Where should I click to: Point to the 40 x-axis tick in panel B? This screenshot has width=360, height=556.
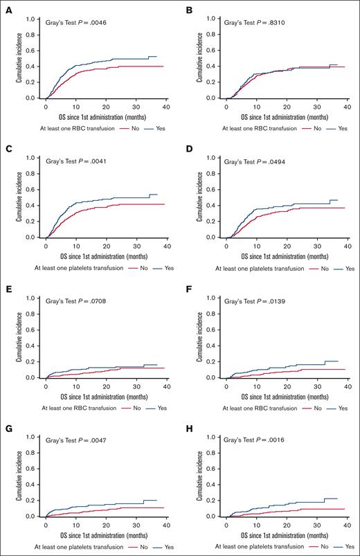click(346, 105)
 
